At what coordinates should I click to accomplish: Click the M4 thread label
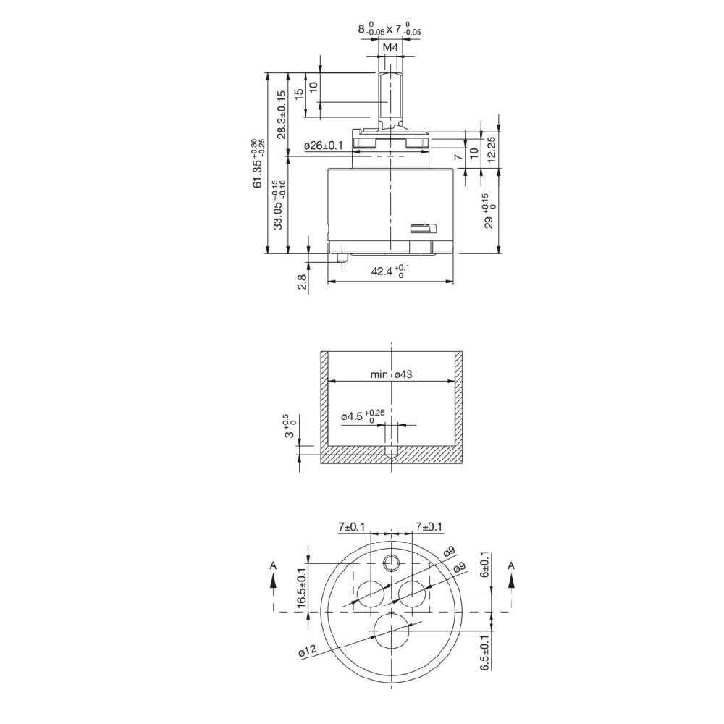[x=390, y=48]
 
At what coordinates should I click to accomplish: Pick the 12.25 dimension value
[x=492, y=149]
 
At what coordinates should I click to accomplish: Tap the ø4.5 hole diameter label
[x=359, y=416]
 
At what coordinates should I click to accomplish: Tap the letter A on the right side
[x=512, y=564]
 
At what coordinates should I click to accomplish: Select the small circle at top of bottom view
[x=392, y=562]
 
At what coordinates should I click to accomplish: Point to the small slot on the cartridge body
[x=424, y=229]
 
